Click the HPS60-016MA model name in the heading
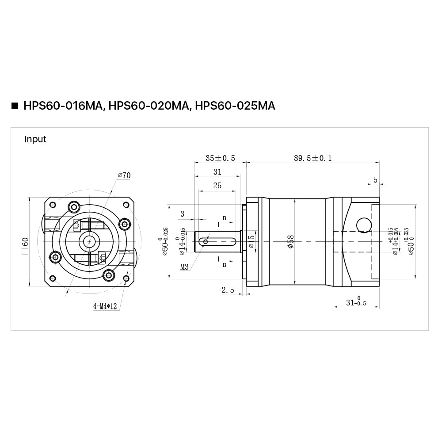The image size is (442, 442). click(x=63, y=106)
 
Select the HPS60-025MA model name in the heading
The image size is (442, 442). click(x=235, y=106)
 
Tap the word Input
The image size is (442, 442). click(x=35, y=139)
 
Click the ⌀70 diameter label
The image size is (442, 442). click(x=124, y=175)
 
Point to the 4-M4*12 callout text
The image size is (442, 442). click(x=105, y=306)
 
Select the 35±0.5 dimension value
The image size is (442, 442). click(x=220, y=158)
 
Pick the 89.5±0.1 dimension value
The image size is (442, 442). click(x=313, y=158)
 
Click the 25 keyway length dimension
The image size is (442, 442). click(x=217, y=186)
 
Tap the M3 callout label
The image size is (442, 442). click(x=184, y=267)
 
